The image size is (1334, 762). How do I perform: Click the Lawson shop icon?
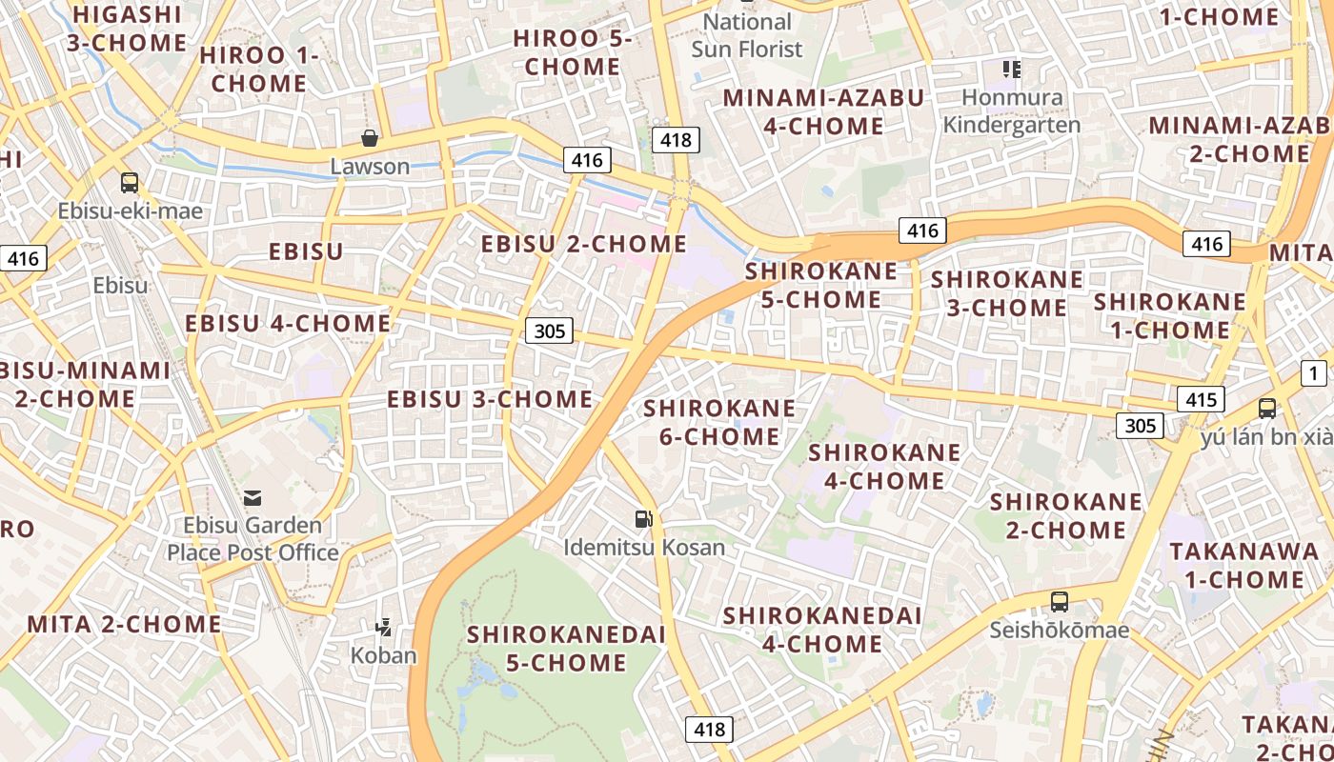pos(370,139)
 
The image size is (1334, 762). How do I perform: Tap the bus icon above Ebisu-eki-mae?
pos(130,183)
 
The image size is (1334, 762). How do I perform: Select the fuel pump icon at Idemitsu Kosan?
pos(645,519)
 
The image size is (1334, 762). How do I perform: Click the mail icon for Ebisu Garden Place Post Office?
pos(253,497)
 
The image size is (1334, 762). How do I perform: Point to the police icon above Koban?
pos(383,627)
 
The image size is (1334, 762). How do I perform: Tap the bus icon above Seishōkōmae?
pos(1060,602)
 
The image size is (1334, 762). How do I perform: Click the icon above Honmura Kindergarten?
pos(1011,70)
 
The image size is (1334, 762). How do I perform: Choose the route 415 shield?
pos(1201,399)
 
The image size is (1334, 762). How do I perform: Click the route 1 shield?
pos(1314,373)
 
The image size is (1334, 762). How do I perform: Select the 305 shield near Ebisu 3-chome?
pos(550,331)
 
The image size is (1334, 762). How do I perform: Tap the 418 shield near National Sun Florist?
pos(676,140)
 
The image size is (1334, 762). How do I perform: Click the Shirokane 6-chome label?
pos(719,423)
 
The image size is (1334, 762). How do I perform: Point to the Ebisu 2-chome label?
pos(583,244)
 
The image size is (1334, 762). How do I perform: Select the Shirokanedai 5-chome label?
pos(566,649)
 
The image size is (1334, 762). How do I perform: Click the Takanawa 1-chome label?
pos(1237,566)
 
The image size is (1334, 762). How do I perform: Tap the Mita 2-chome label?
pos(124,625)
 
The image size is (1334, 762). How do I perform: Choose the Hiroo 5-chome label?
pos(572,52)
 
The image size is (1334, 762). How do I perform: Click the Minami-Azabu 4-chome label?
pos(823,111)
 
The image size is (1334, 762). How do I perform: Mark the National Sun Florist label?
pos(747,35)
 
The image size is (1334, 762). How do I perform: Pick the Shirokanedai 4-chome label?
pos(822,630)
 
